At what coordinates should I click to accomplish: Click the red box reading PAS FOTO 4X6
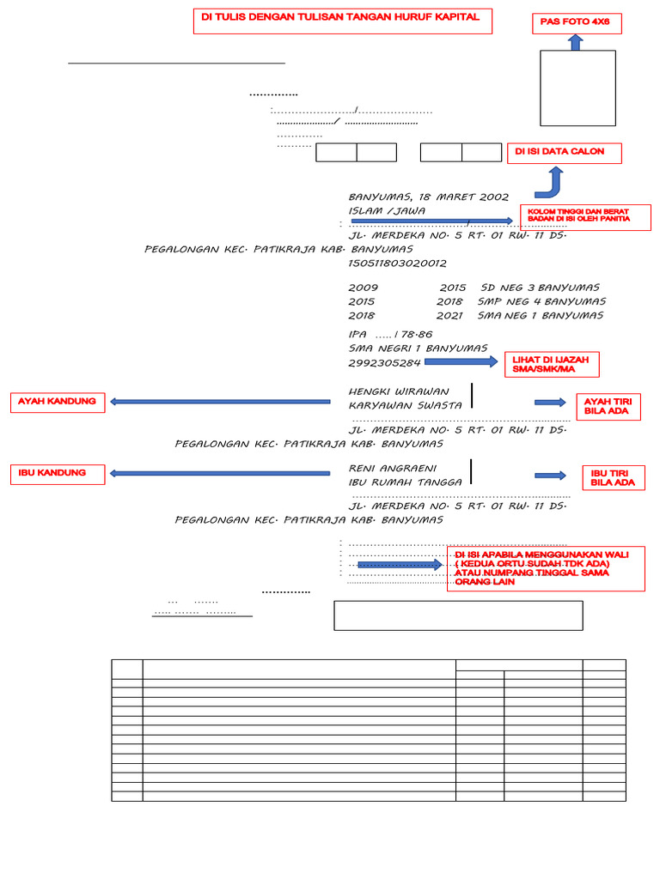(576, 23)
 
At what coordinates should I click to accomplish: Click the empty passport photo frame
(577, 88)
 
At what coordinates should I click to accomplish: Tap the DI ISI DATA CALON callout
(564, 153)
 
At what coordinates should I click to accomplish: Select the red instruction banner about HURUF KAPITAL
(342, 21)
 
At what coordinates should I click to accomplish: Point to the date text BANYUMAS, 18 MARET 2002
(429, 197)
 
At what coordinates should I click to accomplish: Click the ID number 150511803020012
(397, 263)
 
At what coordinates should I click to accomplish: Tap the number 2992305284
(384, 363)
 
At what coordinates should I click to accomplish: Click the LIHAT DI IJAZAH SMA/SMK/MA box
(555, 364)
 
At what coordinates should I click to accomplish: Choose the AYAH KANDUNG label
(58, 402)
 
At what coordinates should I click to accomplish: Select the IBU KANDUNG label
(58, 473)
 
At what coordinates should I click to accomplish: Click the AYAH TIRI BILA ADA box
(608, 406)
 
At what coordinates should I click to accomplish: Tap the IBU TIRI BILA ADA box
(613, 478)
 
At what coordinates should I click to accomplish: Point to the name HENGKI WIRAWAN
(399, 391)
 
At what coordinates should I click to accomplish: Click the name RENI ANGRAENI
(393, 468)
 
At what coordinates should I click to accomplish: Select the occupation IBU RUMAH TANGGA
(405, 482)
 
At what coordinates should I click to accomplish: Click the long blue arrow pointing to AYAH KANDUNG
(220, 401)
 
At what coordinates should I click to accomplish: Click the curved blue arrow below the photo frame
(550, 183)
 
